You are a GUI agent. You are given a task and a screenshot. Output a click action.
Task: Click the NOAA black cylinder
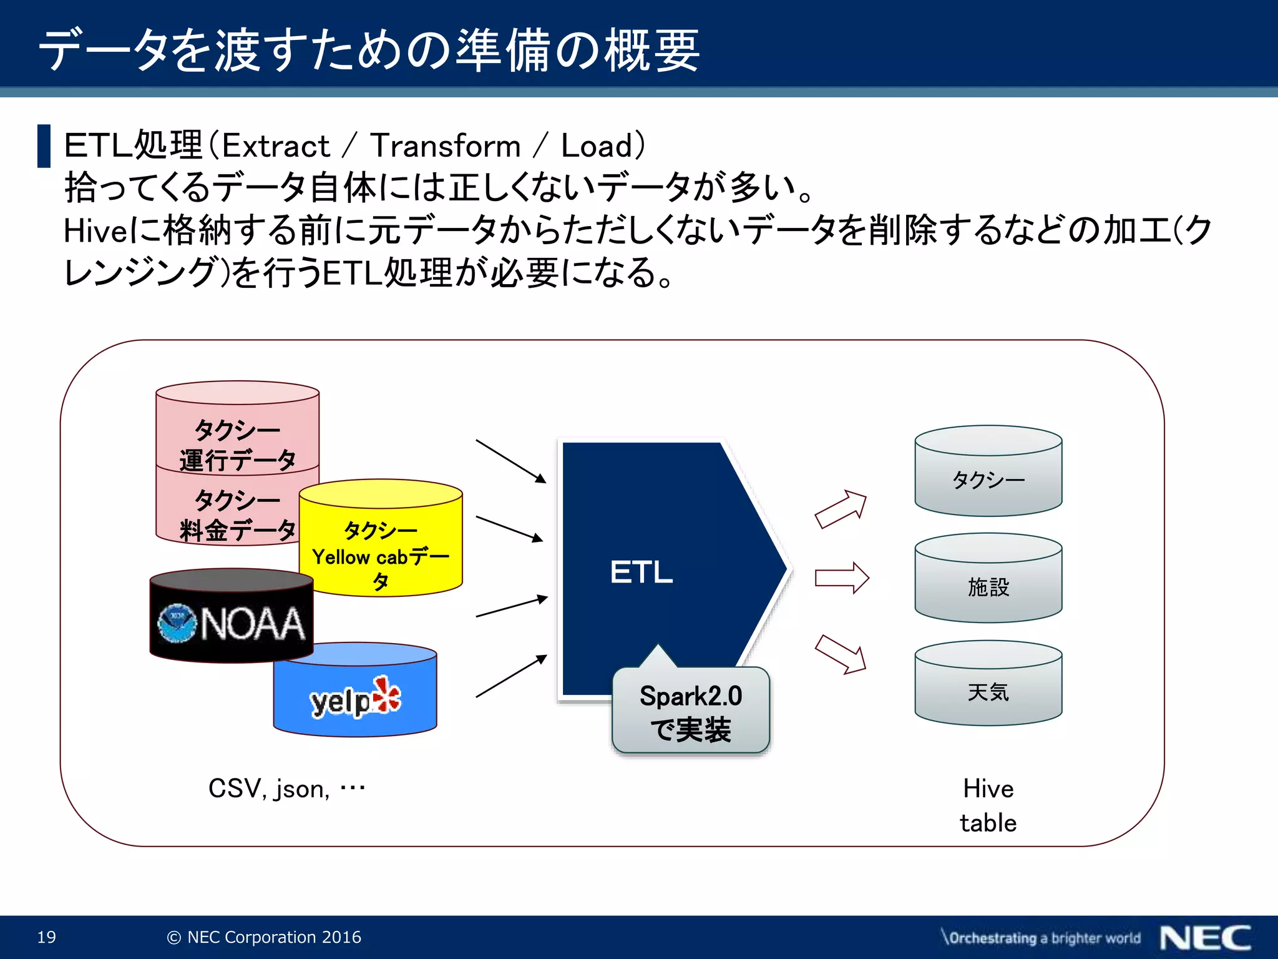231,622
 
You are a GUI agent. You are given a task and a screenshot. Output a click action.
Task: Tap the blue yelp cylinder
355,699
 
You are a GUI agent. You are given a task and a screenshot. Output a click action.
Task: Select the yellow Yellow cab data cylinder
381,549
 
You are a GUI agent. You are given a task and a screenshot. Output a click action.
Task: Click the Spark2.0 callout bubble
691,712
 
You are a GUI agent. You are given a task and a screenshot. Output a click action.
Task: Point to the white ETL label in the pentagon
641,572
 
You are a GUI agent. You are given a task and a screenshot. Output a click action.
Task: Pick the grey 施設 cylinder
988,586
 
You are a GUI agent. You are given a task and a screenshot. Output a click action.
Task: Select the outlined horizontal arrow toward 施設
842,578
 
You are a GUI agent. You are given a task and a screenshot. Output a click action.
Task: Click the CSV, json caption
286,789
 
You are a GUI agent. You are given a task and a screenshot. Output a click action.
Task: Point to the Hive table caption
988,805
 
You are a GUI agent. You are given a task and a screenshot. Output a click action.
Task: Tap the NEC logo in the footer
1205,938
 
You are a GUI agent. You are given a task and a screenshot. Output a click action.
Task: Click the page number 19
47,937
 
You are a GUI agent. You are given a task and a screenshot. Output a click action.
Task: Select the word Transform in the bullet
446,146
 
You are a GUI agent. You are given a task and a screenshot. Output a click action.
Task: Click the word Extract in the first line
276,146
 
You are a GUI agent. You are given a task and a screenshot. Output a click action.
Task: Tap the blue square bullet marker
44,146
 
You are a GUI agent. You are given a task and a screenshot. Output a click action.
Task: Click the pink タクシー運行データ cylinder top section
237,437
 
